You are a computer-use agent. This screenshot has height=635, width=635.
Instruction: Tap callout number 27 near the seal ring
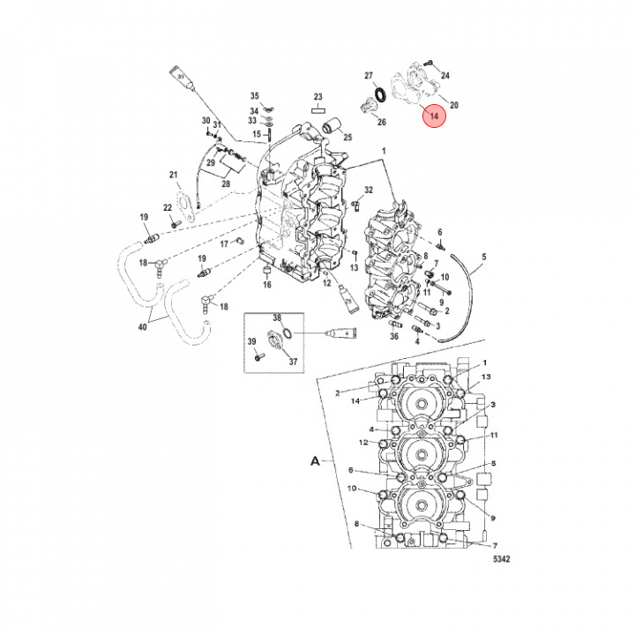pos(370,76)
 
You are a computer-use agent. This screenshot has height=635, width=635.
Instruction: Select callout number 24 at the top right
pos(444,76)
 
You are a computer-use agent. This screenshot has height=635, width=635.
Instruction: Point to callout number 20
pos(454,105)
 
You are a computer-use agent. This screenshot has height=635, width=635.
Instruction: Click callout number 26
pos(381,121)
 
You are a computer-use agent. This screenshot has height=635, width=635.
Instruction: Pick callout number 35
pos(254,96)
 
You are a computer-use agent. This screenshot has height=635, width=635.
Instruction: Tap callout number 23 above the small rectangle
pos(318,97)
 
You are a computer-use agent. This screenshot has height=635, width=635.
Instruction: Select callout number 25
pos(347,138)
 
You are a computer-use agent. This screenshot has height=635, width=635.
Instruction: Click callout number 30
pos(205,121)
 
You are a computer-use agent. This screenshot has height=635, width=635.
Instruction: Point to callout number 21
pos(174,175)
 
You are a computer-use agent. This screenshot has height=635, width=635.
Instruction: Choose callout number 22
pos(167,207)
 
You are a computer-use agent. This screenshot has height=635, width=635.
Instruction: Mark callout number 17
pos(224,243)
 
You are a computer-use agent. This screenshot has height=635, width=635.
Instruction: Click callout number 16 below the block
pos(266,285)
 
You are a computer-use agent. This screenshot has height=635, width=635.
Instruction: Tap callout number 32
pos(369,190)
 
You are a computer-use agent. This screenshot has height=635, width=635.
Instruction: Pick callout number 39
pos(250,341)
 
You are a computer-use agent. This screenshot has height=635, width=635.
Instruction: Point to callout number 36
pos(394,335)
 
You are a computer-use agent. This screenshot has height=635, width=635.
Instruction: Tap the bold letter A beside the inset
pos(313,460)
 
